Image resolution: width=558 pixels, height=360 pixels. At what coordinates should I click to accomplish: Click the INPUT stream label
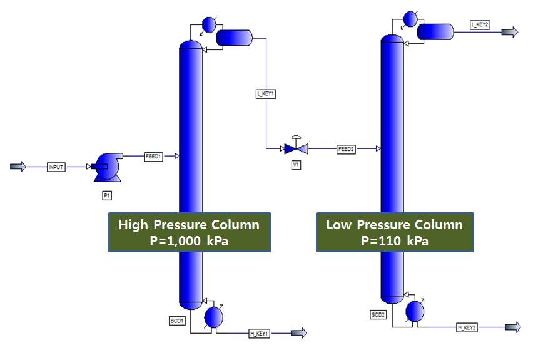(56, 167)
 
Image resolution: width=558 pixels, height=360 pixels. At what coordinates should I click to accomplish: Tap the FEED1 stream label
(153, 157)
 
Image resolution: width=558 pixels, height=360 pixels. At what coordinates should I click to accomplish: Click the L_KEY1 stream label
(266, 93)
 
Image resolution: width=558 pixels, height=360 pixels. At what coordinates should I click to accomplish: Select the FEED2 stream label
(347, 149)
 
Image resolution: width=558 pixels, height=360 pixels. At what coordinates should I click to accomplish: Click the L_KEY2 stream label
(480, 24)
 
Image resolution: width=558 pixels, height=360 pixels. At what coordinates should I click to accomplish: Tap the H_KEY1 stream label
(259, 334)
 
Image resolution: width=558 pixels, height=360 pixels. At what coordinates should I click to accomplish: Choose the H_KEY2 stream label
(467, 327)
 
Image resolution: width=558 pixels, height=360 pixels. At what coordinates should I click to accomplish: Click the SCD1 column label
(176, 321)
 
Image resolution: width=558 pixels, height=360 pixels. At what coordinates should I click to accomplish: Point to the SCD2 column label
(378, 314)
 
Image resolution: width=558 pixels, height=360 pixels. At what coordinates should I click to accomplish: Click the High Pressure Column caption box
(189, 232)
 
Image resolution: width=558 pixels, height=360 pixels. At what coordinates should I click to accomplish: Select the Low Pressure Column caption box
(394, 232)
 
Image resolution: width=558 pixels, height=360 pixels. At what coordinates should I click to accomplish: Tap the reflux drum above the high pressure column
(233, 38)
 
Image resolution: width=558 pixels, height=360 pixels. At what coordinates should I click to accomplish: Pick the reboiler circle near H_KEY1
(214, 317)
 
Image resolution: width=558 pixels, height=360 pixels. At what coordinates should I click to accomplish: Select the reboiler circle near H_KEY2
(414, 311)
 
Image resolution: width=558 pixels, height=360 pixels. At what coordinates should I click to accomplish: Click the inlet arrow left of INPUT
(19, 167)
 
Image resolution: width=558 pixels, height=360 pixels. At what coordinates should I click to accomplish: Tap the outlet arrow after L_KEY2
(510, 33)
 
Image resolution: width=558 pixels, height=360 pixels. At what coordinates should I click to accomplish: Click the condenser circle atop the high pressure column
(208, 24)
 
